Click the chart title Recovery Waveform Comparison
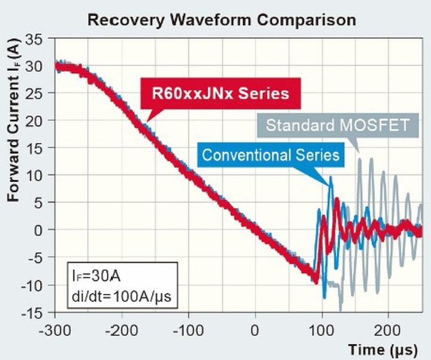tap(221, 19)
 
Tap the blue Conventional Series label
tap(271, 155)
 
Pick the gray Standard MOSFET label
tap(338, 126)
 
